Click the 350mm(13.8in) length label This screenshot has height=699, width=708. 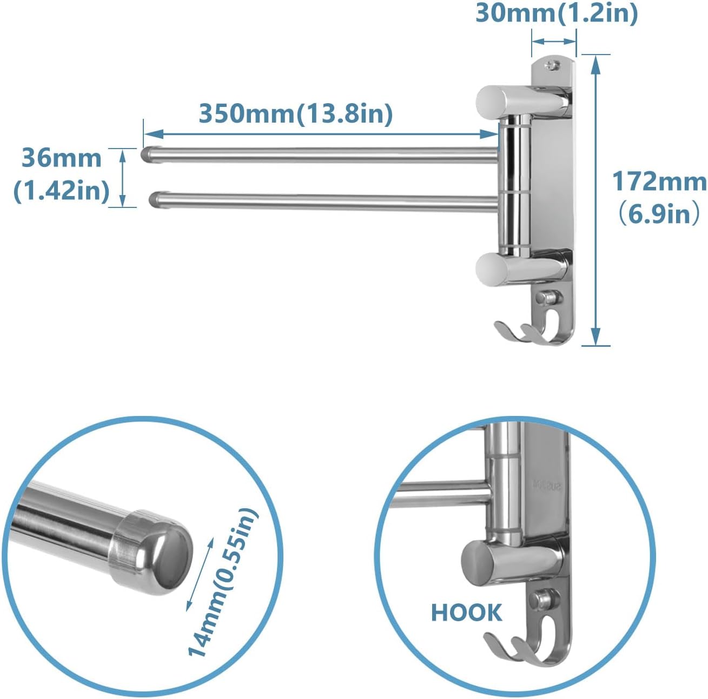pyautogui.click(x=296, y=114)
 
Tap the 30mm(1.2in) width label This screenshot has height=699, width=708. pyautogui.click(x=557, y=13)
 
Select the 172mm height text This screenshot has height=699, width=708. pyautogui.click(x=659, y=182)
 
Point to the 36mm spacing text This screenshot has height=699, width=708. pyautogui.click(x=61, y=158)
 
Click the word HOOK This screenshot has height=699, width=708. pyautogui.click(x=466, y=613)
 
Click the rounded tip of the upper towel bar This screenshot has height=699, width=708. pyautogui.click(x=147, y=154)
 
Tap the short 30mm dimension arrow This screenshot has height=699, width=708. pyautogui.click(x=554, y=41)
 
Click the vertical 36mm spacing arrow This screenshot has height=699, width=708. pyautogui.click(x=122, y=178)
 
